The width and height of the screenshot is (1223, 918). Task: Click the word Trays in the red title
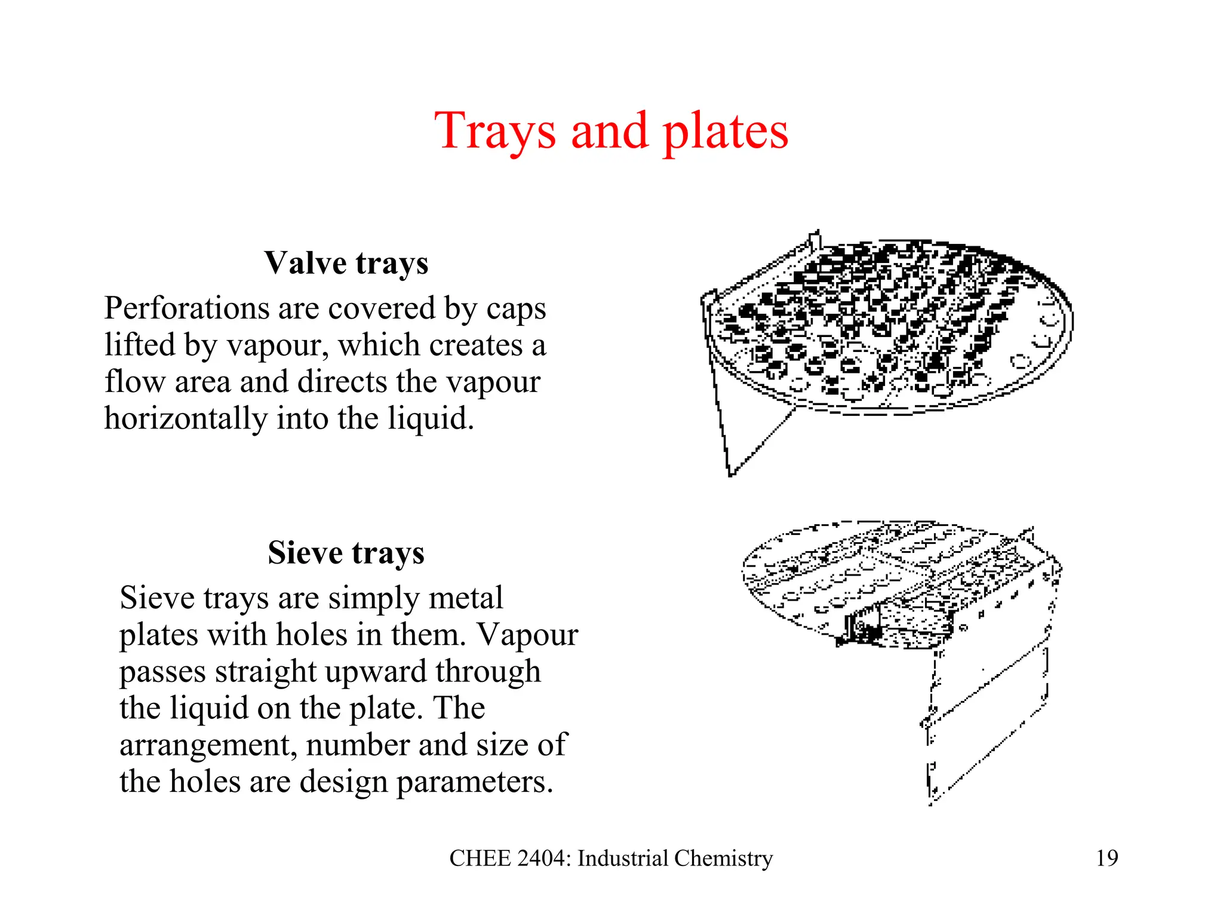coord(495,131)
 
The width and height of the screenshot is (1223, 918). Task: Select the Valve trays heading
coord(346,263)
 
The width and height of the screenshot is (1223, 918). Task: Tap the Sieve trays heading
coord(346,553)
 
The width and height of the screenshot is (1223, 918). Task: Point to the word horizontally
coord(185,418)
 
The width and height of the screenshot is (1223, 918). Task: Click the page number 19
coord(1107,858)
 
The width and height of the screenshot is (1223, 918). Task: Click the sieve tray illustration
coord(902,598)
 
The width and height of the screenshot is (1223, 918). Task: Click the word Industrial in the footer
coord(623,858)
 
